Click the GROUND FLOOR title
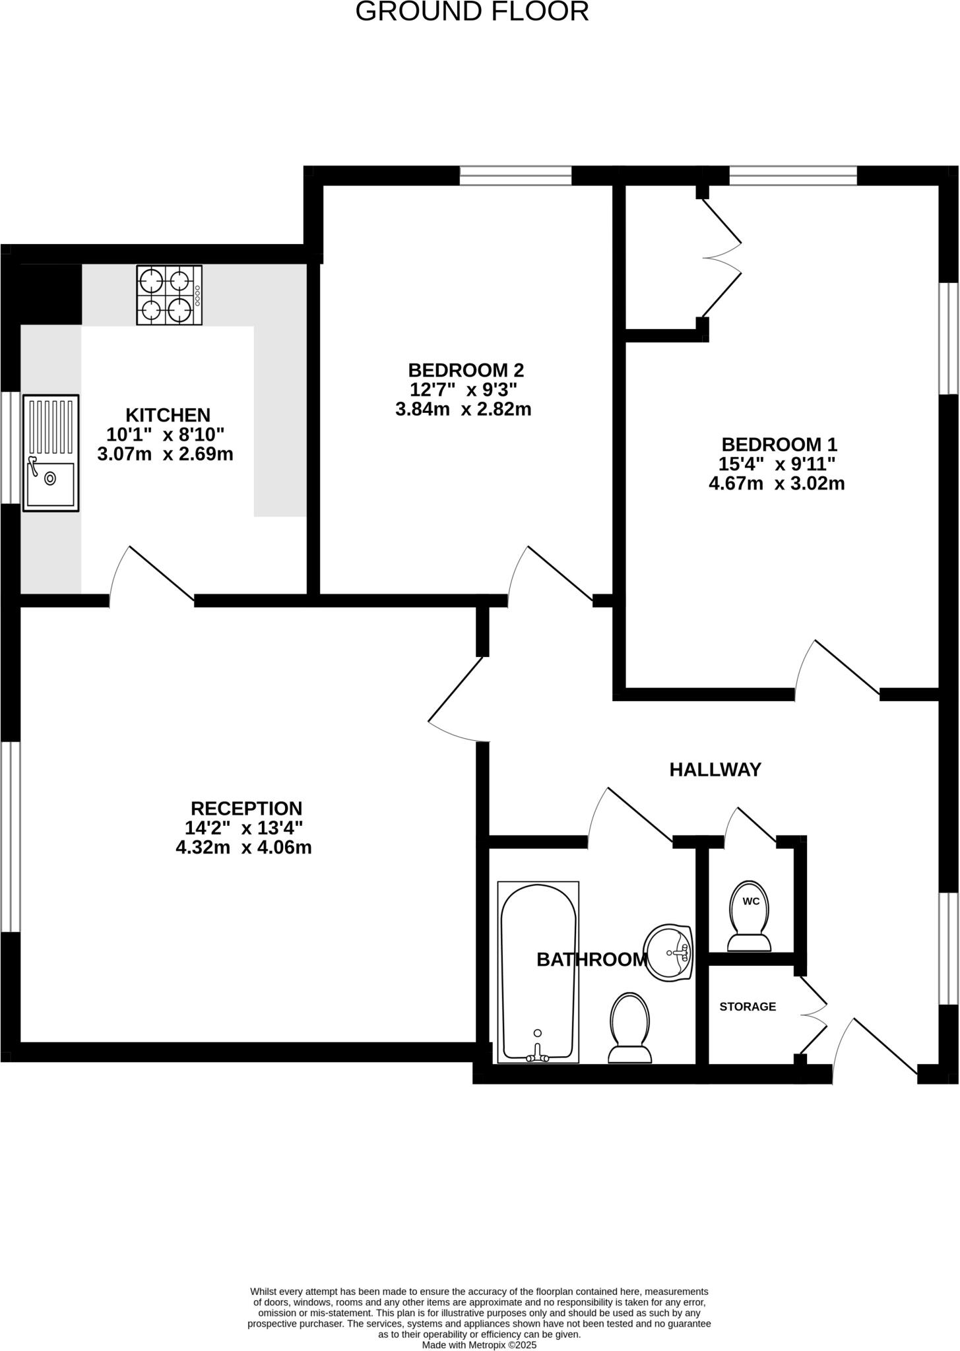point(472,12)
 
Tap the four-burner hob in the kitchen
point(169,295)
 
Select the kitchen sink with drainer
point(51,453)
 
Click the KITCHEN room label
point(168,415)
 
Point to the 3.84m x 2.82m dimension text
point(463,409)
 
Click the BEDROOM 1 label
point(779,444)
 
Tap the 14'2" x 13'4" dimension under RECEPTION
point(244,827)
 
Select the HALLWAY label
point(715,769)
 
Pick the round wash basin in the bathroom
point(668,953)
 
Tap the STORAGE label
point(747,1007)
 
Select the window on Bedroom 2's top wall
point(515,175)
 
